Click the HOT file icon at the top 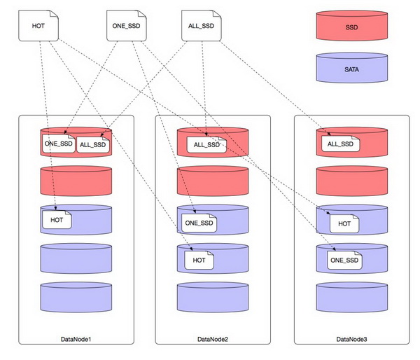[38, 26]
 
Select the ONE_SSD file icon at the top [127, 26]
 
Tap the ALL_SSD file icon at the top [202, 26]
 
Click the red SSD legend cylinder [352, 26]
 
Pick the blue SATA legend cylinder [352, 67]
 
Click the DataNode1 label [76, 339]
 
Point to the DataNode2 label [213, 339]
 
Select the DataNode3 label [351, 339]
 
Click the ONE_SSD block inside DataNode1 [59, 144]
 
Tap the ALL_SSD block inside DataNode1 [93, 145]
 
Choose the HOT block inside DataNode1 [57, 220]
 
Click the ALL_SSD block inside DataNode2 [206, 145]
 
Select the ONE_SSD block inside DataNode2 [199, 223]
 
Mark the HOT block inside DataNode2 [199, 260]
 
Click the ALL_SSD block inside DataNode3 [340, 144]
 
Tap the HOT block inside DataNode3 [344, 223]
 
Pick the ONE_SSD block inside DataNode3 [344, 260]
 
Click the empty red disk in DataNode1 [76, 181]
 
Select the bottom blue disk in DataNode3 [352, 297]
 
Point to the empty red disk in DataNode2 [213, 181]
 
